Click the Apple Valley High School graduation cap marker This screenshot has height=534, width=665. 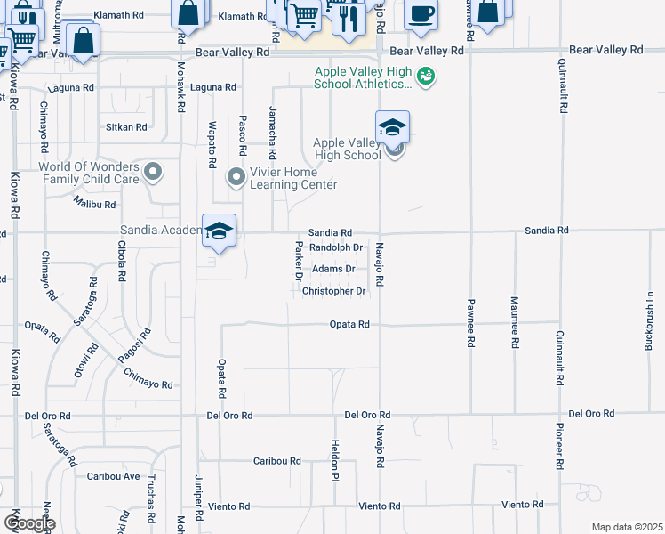(x=392, y=127)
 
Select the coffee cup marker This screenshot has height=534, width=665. (x=421, y=14)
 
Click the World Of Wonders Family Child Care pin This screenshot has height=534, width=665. (x=154, y=172)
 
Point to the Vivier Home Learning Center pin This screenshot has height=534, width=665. (x=236, y=177)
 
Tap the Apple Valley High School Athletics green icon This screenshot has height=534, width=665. (x=428, y=77)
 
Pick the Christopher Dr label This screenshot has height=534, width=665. (x=333, y=291)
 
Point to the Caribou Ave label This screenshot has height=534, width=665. (x=114, y=476)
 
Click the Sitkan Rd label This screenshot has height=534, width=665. (x=125, y=127)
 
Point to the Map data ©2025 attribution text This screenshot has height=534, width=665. (x=628, y=527)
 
